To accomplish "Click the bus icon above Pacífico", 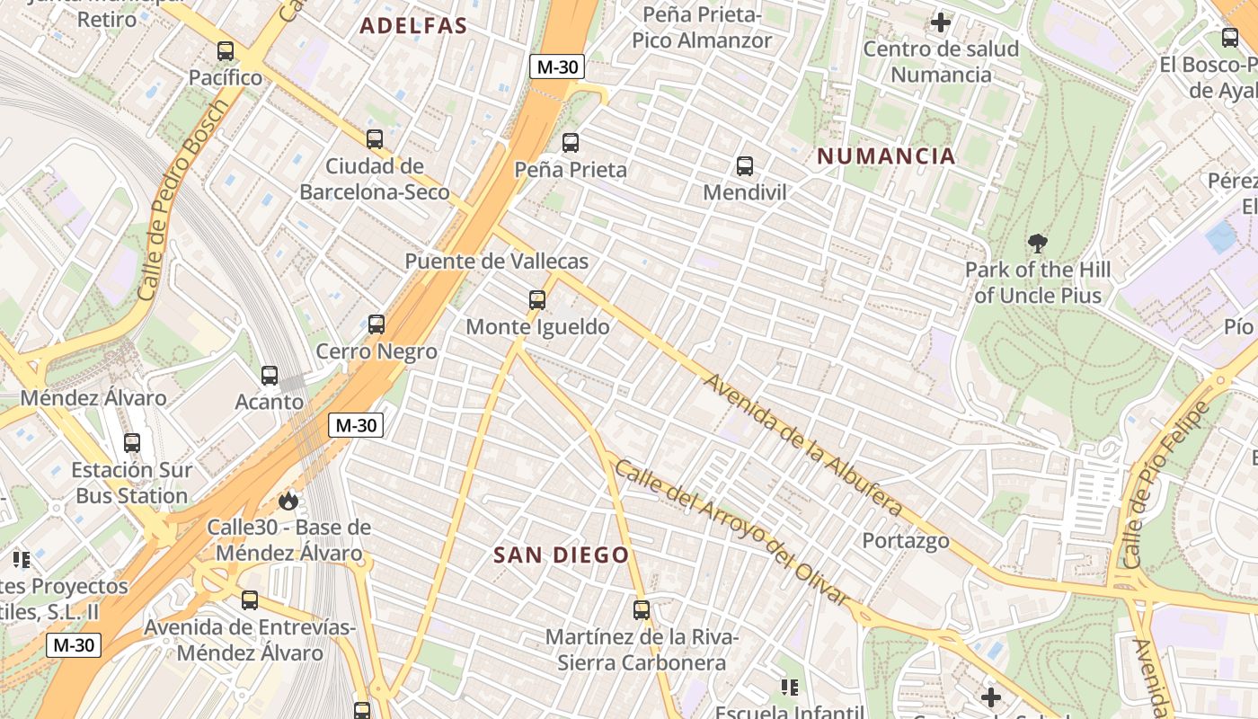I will coord(226,51).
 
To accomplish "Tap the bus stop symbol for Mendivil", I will coord(744,165).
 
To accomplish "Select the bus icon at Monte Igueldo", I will coord(537,300).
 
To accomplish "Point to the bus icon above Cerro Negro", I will coord(377,324).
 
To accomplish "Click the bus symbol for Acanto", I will coord(270,376).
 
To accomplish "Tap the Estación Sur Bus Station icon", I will coord(132,443).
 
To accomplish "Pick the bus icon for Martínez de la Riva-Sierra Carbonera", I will coord(642,610).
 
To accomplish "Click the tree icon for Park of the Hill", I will coord(1038,243).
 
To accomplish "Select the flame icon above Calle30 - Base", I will coord(288,501).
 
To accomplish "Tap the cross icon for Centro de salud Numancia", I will coord(941,22).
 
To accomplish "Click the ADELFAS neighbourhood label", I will coord(414,26).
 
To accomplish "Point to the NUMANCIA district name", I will coord(886,156).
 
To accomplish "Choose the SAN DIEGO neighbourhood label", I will coord(562,555).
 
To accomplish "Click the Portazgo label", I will coord(906,540).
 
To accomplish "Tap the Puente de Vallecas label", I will coord(496,262).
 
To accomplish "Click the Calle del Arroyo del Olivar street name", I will coord(731,534).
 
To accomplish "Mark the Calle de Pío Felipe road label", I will coord(1166,483).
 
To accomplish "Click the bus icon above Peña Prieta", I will coord(571,142).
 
